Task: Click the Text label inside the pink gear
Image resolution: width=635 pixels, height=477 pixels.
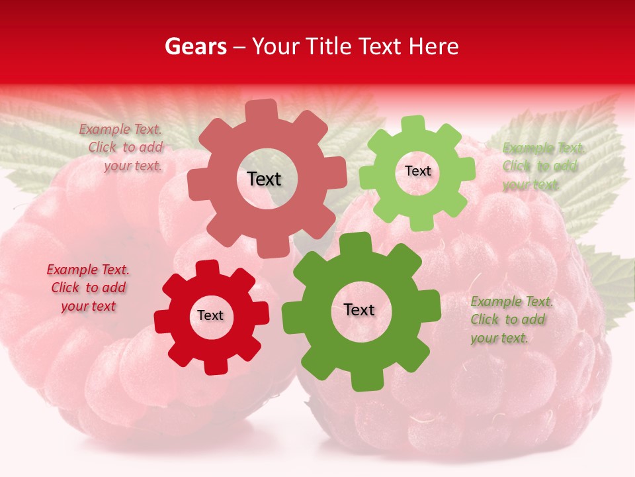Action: [x=264, y=179]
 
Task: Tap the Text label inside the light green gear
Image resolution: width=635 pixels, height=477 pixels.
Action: [x=417, y=171]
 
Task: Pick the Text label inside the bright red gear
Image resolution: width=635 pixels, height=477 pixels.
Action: [x=210, y=315]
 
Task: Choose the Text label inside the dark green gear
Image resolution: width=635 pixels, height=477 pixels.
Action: [x=359, y=309]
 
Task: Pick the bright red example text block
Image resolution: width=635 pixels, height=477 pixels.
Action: [x=88, y=288]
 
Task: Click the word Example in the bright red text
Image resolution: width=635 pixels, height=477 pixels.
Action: [x=71, y=270]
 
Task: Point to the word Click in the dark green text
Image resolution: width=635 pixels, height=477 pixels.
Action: [x=484, y=319]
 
